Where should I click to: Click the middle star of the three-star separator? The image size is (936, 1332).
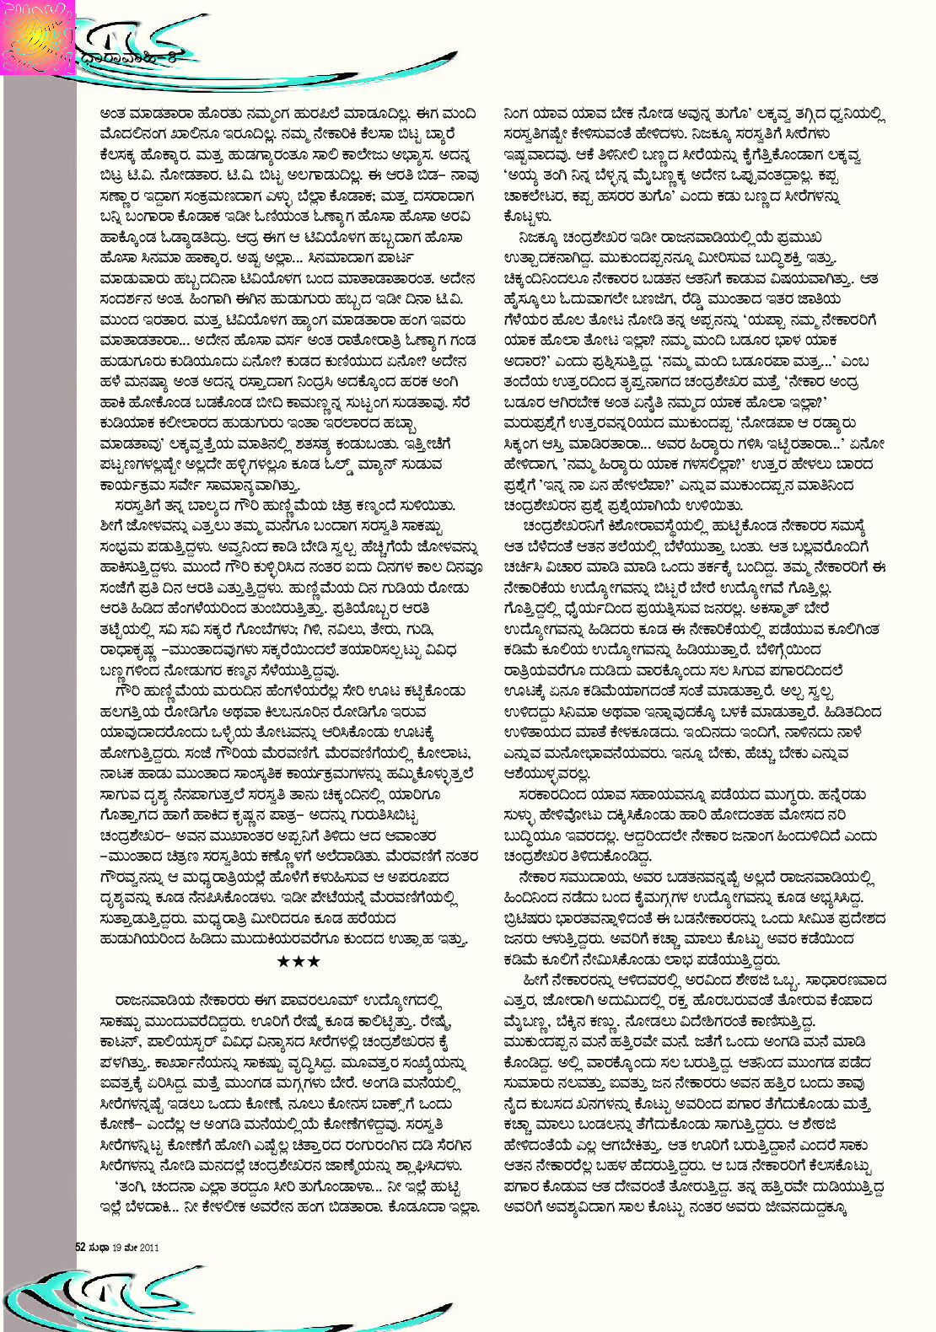(x=299, y=961)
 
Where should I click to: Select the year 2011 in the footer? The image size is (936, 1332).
(x=148, y=1247)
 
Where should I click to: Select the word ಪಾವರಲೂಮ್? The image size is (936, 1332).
(x=325, y=1002)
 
